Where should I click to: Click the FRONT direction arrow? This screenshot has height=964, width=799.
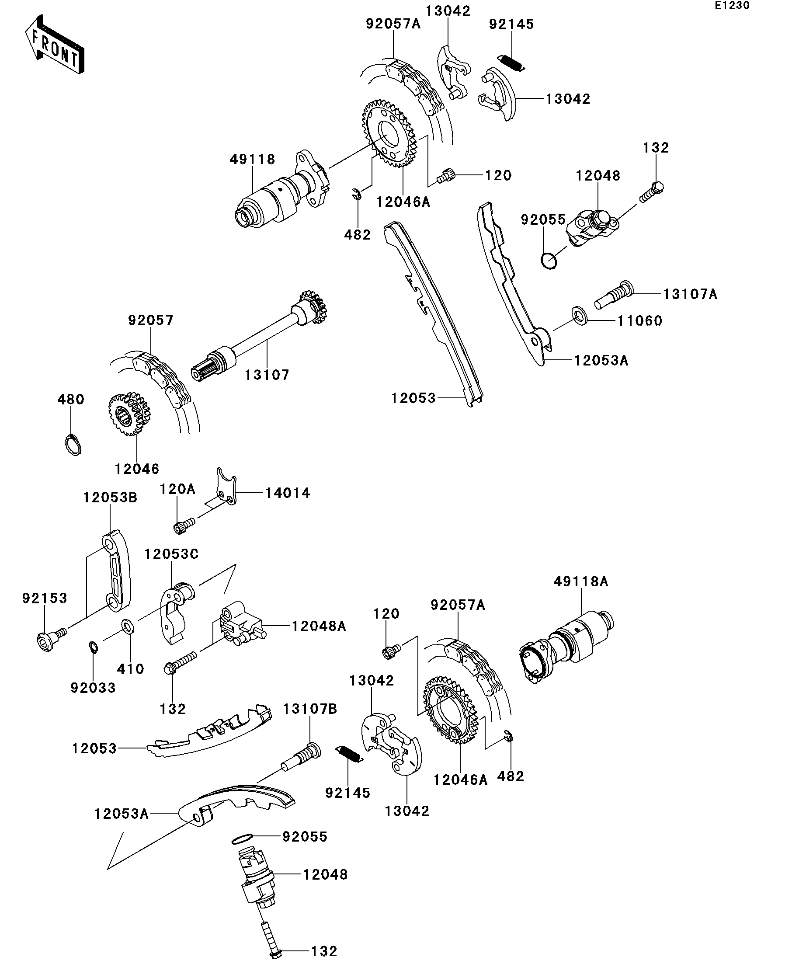click(55, 45)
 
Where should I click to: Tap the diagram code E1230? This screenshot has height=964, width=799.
click(732, 6)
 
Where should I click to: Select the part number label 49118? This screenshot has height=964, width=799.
click(252, 159)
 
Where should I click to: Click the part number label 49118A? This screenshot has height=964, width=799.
click(580, 581)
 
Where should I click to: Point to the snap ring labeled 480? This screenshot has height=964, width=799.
click(72, 444)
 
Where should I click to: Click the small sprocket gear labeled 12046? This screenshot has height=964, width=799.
click(129, 414)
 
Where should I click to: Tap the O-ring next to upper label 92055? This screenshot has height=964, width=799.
click(549, 261)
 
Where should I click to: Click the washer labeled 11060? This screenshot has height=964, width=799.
click(580, 316)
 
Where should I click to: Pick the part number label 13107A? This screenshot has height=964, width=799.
click(690, 294)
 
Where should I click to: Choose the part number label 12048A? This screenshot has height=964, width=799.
click(319, 626)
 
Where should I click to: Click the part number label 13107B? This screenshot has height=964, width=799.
click(310, 709)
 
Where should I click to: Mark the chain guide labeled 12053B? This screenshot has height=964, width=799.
click(116, 571)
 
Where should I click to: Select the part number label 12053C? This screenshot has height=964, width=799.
click(171, 554)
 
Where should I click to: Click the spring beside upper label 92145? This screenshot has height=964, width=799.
click(511, 63)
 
